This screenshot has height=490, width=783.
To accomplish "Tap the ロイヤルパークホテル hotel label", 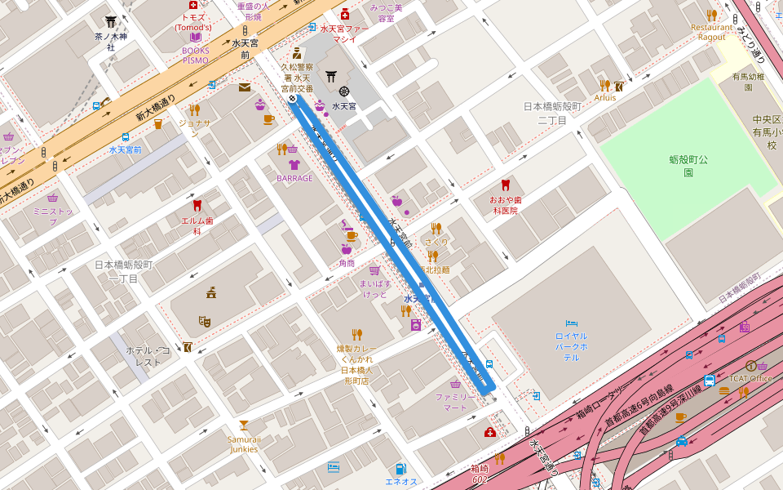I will click(571, 346).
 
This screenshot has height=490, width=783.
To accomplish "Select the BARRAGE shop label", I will click(294, 178).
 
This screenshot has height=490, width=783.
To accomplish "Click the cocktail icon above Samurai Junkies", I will click(243, 425).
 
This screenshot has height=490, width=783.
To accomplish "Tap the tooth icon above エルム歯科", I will click(197, 205).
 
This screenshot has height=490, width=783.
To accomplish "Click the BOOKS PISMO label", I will click(195, 55).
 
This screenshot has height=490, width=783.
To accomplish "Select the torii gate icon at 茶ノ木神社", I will click(110, 21).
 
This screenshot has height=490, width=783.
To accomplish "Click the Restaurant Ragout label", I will click(712, 32).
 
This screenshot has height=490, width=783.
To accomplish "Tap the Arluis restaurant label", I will click(605, 97).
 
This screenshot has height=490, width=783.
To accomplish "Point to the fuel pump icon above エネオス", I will click(400, 469).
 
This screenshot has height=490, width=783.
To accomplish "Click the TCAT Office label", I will click(750, 378).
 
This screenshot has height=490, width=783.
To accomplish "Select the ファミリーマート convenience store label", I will click(455, 402).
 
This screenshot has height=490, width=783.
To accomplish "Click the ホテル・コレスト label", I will click(148, 356).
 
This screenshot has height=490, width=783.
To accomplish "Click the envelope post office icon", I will click(245, 87).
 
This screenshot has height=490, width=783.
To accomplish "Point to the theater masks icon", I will click(205, 322).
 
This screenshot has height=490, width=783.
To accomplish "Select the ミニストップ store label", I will click(52, 216).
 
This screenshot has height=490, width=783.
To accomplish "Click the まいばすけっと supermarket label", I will click(375, 288).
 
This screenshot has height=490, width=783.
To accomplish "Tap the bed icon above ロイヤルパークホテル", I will click(571, 323).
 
